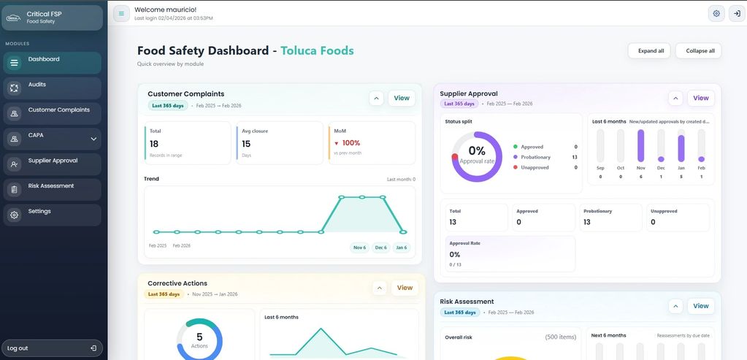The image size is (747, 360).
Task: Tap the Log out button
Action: pyautogui.click(x=51, y=348)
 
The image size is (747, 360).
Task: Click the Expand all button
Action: pyautogui.click(x=649, y=50)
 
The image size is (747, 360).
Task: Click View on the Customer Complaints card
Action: pyautogui.click(x=402, y=98)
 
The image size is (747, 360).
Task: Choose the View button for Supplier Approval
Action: pyautogui.click(x=700, y=98)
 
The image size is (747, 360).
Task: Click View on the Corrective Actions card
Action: pyautogui.click(x=405, y=288)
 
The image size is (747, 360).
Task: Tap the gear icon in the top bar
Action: pyautogui.click(x=716, y=13)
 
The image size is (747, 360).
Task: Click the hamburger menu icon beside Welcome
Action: pyautogui.click(x=121, y=13)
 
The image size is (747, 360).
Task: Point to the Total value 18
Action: pyautogui.click(x=154, y=144)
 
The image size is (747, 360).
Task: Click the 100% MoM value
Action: pyautogui.click(x=351, y=143)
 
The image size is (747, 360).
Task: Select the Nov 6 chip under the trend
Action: pyautogui.click(x=359, y=248)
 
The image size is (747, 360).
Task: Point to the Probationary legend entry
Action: pyautogui.click(x=535, y=157)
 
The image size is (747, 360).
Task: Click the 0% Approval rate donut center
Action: pyautogui.click(x=476, y=152)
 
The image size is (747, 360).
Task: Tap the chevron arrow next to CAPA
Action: pyautogui.click(x=93, y=139)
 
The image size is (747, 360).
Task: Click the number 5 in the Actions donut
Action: pyautogui.click(x=199, y=337)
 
